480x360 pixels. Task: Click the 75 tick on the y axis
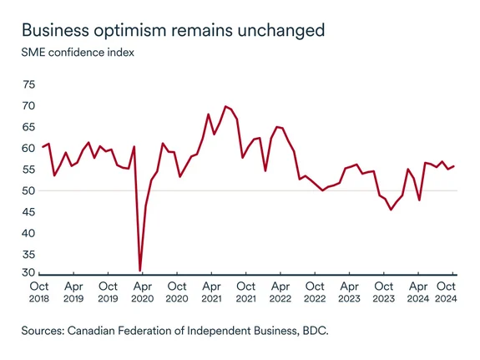[29, 84]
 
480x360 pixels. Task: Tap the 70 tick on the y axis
[29, 106]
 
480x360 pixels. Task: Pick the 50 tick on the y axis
[29, 190]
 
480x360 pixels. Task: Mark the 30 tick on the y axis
[29, 273]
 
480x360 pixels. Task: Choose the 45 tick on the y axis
[29, 212]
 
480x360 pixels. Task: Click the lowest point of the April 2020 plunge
[140, 271]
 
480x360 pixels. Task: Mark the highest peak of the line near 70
[225, 106]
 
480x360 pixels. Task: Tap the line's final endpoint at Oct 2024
[453, 165]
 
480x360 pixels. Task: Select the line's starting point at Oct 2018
[43, 147]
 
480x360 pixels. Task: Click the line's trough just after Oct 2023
[391, 210]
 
